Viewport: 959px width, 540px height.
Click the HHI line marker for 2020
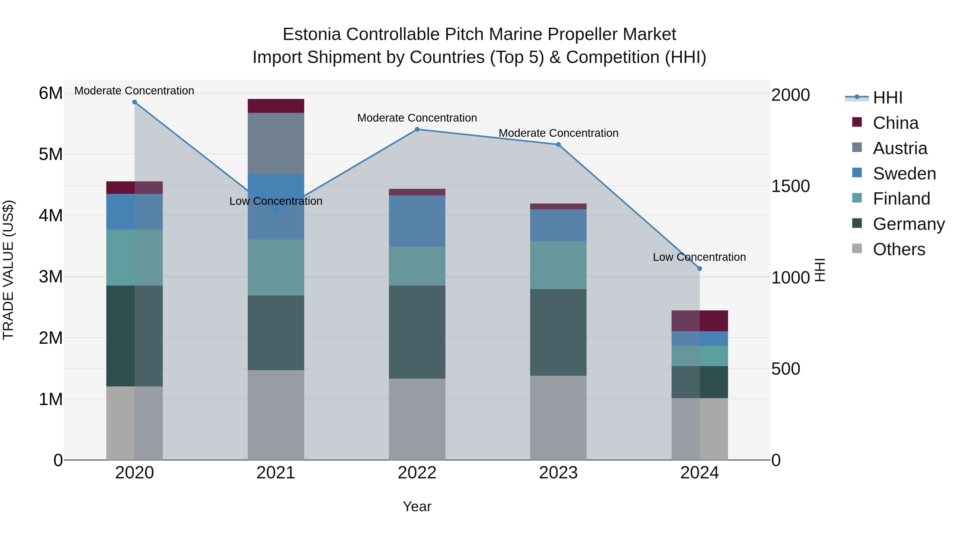tap(135, 102)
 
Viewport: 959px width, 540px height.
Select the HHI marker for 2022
tap(417, 129)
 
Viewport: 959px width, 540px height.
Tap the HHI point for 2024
tap(700, 268)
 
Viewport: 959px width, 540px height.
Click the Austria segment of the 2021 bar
tap(276, 143)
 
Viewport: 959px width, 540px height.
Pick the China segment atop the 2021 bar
tap(276, 106)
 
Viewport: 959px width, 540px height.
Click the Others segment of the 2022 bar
tap(417, 419)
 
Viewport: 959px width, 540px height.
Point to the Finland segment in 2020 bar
tap(135, 258)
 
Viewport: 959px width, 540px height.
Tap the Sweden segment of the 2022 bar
tap(417, 221)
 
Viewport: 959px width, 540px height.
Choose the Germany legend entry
tap(908, 224)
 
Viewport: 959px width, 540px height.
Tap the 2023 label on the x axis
tap(558, 473)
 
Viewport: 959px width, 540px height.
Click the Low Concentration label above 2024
tap(699, 257)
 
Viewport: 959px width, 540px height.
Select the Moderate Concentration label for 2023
tap(558, 133)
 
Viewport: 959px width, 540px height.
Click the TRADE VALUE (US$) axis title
tap(8, 270)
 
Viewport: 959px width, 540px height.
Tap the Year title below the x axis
tap(417, 506)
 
